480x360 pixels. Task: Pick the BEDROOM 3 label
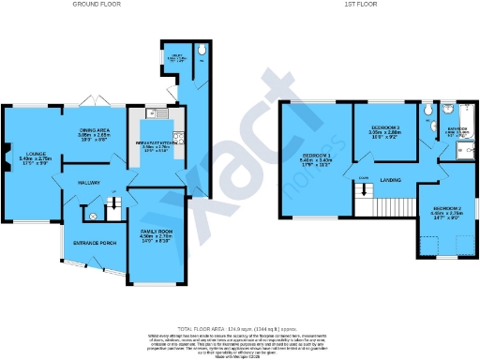coord(385,127)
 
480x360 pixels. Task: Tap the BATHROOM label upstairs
coord(457,129)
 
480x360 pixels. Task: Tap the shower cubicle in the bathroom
coord(460,146)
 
